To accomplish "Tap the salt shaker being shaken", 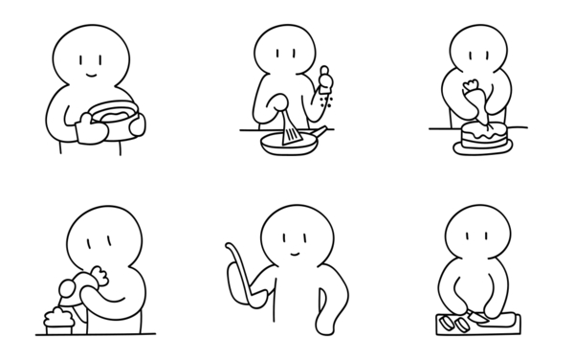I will pyautogui.click(x=324, y=79).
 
